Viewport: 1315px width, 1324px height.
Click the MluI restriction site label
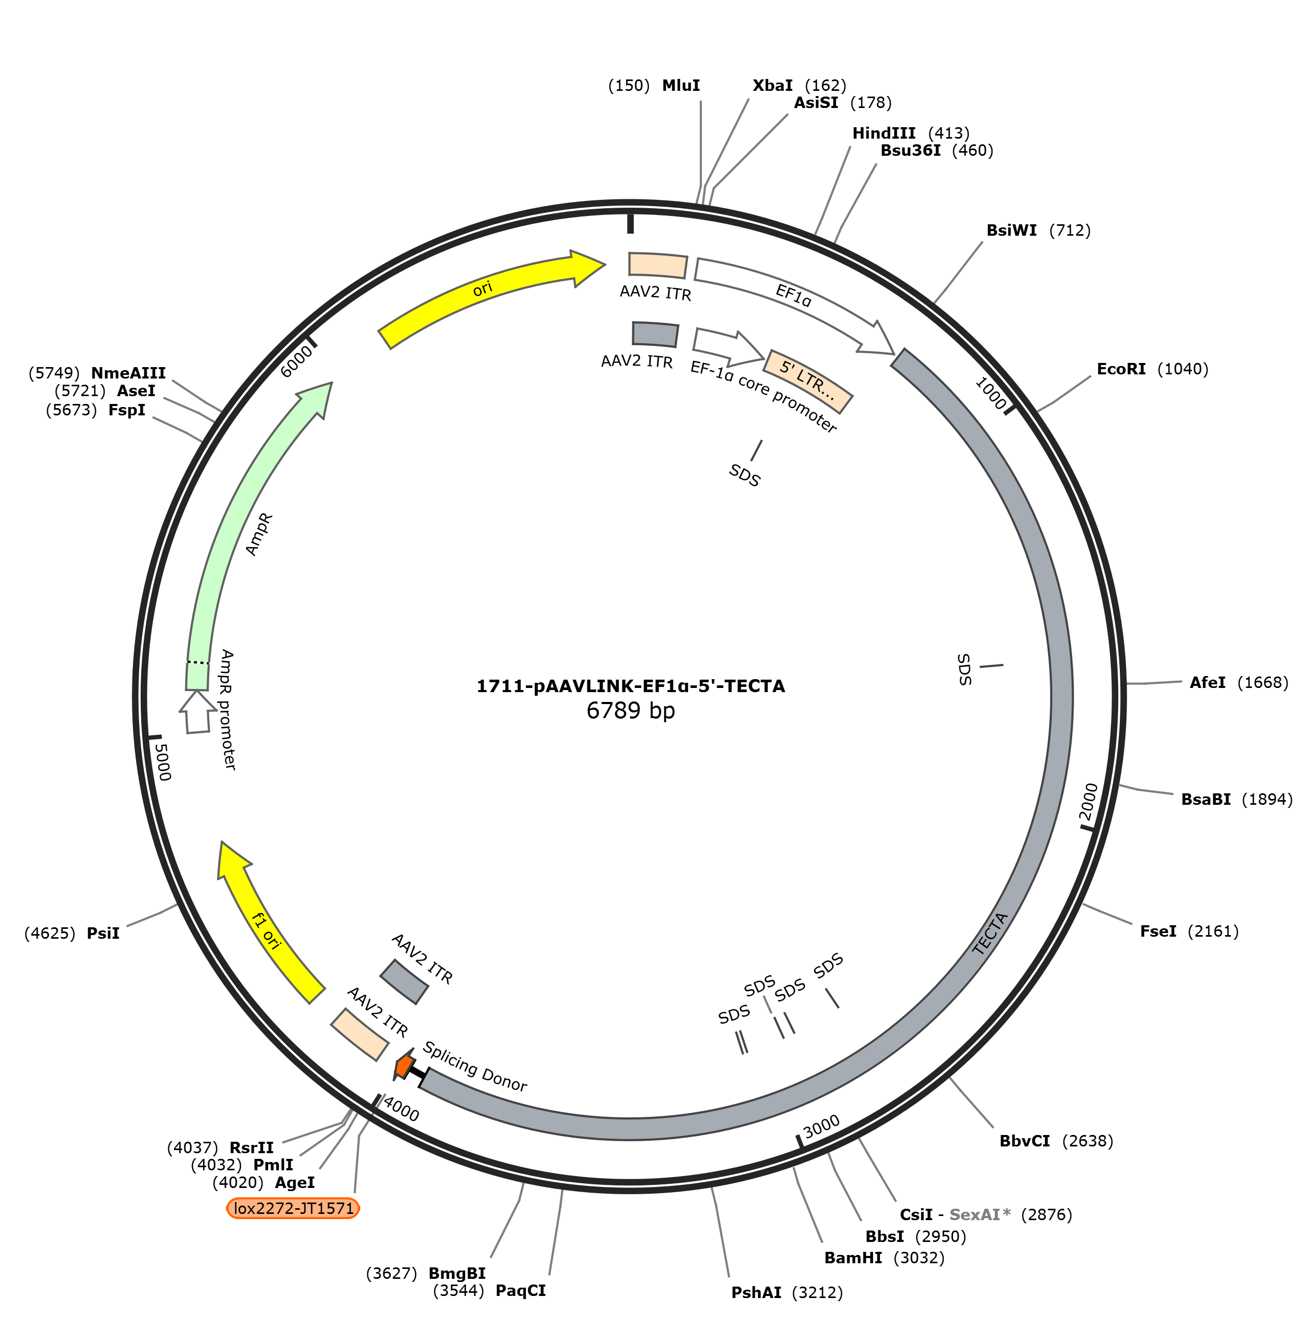point(681,86)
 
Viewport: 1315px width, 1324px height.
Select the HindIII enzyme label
point(883,133)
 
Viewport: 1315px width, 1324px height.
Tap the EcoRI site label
point(1121,369)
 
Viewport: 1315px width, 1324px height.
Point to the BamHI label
point(853,1258)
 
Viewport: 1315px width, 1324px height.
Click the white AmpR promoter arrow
point(197,712)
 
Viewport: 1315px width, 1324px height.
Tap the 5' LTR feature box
point(808,381)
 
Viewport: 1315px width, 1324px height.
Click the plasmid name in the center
point(630,686)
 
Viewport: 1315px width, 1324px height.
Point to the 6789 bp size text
point(630,711)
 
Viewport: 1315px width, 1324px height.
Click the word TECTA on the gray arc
point(990,934)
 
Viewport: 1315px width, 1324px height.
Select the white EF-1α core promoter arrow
point(728,347)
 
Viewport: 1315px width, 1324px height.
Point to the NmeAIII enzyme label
point(128,373)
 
